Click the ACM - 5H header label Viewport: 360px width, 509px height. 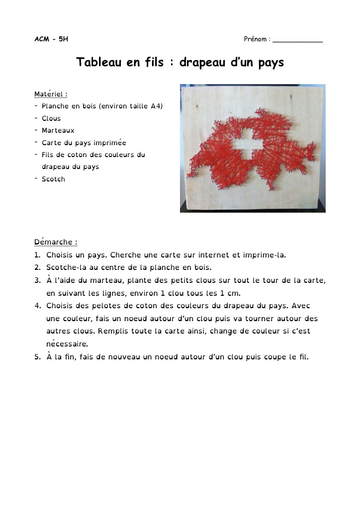[x=51, y=39]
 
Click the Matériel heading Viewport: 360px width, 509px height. [x=51, y=94]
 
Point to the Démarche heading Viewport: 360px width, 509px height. [x=55, y=242]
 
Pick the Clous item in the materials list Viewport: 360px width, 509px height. [x=51, y=118]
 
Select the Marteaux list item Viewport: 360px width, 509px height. [x=58, y=130]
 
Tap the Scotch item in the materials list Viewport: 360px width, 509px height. [x=53, y=179]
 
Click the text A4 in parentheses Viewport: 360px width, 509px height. [x=155, y=106]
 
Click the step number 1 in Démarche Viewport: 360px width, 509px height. [x=37, y=255]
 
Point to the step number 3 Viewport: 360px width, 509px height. [x=37, y=280]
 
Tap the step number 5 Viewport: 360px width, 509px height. [x=37, y=356]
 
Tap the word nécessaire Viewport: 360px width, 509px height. [x=67, y=343]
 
